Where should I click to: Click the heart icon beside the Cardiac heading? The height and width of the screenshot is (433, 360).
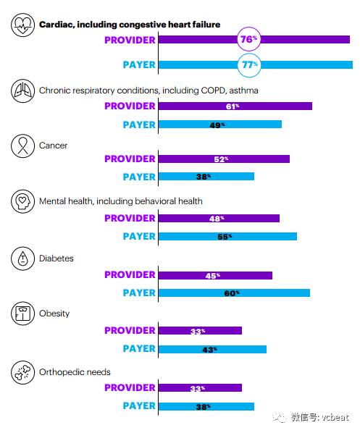(x=22, y=25)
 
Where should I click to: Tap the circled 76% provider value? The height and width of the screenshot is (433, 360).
(x=248, y=39)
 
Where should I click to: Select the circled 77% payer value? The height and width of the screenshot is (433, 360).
(x=249, y=65)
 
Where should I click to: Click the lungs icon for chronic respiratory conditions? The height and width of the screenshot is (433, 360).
(x=22, y=91)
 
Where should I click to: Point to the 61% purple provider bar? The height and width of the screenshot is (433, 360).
(x=235, y=106)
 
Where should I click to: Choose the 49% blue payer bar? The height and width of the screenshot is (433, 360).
(x=220, y=125)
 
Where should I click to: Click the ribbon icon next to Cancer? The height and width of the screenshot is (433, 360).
(x=22, y=146)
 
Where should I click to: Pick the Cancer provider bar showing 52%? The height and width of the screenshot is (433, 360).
(x=224, y=159)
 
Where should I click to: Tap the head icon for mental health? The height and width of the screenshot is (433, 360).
(x=22, y=201)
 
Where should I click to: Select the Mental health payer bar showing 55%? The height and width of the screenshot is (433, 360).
(x=227, y=236)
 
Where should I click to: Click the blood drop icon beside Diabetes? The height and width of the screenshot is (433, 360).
(x=22, y=258)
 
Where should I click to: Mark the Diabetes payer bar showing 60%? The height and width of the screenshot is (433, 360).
(x=234, y=293)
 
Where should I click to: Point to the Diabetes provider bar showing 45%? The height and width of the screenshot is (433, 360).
(x=215, y=276)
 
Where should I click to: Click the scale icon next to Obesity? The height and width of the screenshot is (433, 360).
(x=22, y=314)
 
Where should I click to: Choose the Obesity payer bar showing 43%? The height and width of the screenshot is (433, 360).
(x=212, y=349)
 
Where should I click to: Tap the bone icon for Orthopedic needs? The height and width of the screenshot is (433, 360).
(x=22, y=372)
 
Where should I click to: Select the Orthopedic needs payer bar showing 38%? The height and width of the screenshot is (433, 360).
(x=206, y=406)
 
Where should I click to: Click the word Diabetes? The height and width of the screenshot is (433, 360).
(x=56, y=258)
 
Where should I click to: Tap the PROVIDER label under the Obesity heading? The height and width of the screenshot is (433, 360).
(x=130, y=331)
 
